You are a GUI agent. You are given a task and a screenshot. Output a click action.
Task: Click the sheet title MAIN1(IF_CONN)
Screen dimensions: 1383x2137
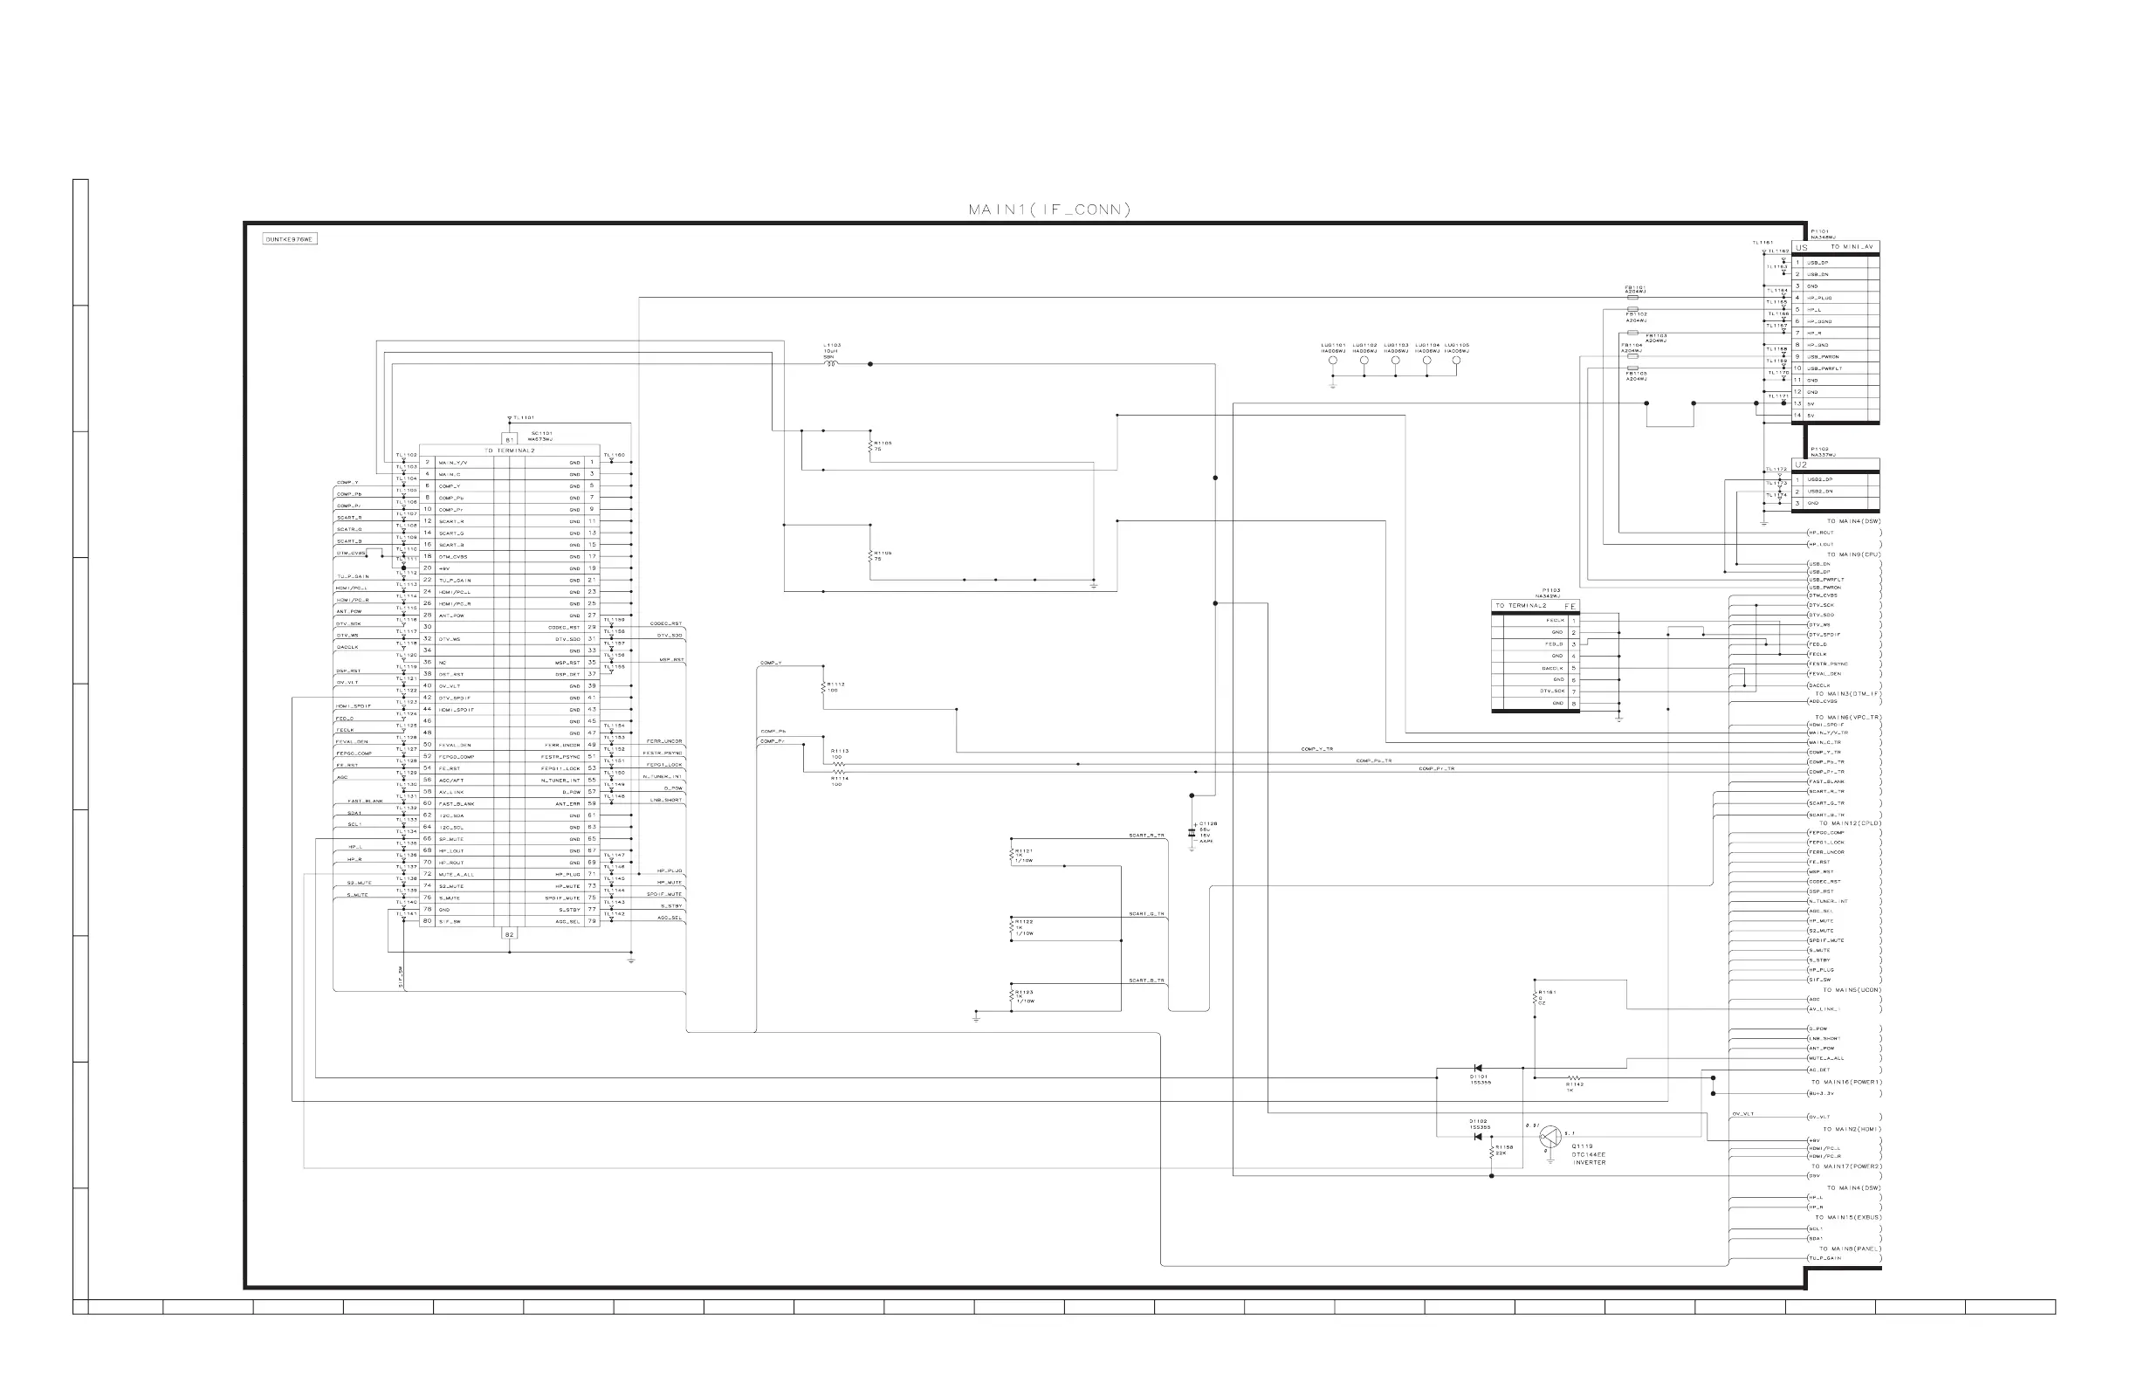[1048, 210]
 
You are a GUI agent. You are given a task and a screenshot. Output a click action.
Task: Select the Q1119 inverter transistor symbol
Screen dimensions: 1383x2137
[1549, 1137]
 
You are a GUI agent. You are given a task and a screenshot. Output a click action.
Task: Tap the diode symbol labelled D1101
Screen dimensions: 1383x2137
[1478, 1068]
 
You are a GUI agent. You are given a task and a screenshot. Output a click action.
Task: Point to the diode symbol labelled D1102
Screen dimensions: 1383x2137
[1478, 1137]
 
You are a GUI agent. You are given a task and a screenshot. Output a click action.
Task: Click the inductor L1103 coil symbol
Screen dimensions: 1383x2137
[830, 364]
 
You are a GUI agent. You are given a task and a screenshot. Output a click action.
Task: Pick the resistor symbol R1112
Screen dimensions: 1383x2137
[822, 687]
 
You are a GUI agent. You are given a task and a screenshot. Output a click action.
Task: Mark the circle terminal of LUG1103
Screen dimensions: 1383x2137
[1395, 360]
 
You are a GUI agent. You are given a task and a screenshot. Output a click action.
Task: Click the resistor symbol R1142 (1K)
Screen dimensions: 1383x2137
[1574, 1077]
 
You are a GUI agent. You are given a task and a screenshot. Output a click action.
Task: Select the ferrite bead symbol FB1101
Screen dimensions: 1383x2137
[1633, 296]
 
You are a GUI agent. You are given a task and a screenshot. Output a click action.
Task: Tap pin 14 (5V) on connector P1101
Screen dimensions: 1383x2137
[1797, 416]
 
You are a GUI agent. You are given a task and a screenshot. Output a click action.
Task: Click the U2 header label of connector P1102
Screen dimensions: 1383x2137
[1802, 465]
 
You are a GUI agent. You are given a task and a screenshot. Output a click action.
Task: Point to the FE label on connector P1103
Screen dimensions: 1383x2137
[1570, 607]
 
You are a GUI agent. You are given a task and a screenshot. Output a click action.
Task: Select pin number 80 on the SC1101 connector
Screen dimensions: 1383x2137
[428, 921]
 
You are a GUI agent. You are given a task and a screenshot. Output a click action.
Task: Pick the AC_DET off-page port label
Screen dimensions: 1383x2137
[1819, 1070]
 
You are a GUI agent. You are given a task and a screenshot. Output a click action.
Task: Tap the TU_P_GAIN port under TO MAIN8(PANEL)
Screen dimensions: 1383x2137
[1825, 1258]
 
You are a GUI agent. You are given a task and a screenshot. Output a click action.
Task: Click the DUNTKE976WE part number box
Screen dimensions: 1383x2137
[289, 240]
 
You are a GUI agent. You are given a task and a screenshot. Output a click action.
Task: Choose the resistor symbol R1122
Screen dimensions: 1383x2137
[1012, 931]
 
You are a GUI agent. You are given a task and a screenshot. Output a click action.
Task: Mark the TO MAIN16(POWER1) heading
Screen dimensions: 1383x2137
[1845, 1082]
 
